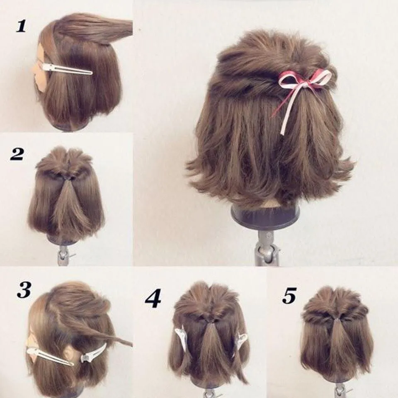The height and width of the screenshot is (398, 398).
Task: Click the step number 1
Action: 21,26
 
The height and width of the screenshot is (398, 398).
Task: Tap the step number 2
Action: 17,154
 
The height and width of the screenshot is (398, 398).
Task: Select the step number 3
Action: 24,290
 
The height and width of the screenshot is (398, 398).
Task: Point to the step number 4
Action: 153,298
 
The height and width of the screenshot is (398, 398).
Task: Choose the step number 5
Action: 289,295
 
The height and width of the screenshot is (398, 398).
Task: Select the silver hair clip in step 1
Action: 66,69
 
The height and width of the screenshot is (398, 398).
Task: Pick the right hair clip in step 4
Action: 241,340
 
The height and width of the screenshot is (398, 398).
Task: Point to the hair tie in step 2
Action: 66,177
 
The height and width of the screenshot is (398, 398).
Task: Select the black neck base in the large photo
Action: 265,216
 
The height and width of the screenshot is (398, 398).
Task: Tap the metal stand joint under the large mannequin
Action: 265,249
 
